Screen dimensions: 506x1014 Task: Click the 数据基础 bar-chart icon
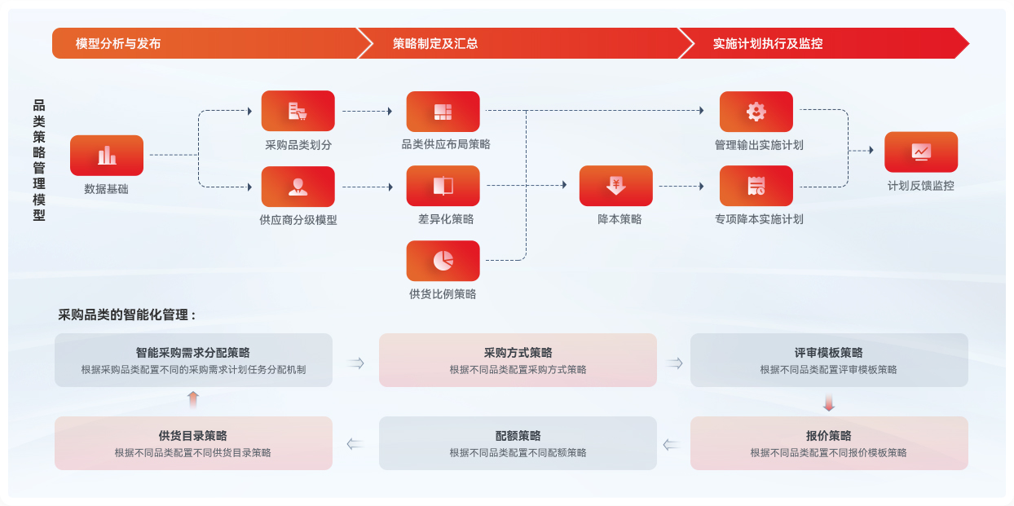pyautogui.click(x=107, y=155)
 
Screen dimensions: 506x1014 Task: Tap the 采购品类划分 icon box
pyautogui.click(x=298, y=111)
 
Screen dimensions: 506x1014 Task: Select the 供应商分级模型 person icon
pyautogui.click(x=298, y=187)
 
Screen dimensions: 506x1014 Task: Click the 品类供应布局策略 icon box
pyautogui.click(x=443, y=112)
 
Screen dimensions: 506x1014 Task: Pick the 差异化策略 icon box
pyautogui.click(x=443, y=186)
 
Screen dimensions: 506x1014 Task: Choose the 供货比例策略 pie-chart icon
pyautogui.click(x=443, y=261)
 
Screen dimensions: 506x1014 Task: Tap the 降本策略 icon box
pyautogui.click(x=615, y=186)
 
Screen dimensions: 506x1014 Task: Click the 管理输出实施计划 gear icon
pyautogui.click(x=756, y=112)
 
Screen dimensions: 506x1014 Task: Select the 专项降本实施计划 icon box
pyautogui.click(x=756, y=186)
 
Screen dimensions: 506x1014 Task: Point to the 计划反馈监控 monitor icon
pyautogui.click(x=921, y=152)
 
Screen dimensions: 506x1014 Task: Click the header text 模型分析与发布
pyautogui.click(x=118, y=44)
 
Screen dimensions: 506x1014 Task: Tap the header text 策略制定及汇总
pyautogui.click(x=435, y=44)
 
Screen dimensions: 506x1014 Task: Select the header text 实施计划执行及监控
pyautogui.click(x=768, y=44)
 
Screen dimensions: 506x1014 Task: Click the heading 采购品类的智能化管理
pyautogui.click(x=127, y=315)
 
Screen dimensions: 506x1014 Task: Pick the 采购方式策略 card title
pyautogui.click(x=518, y=353)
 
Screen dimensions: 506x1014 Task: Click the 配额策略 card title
pyautogui.click(x=518, y=436)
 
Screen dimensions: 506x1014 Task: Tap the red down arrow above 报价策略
pyautogui.click(x=829, y=403)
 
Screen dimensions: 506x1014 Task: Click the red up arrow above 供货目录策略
pyautogui.click(x=193, y=399)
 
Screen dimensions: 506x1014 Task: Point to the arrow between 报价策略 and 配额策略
pyautogui.click(x=672, y=445)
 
